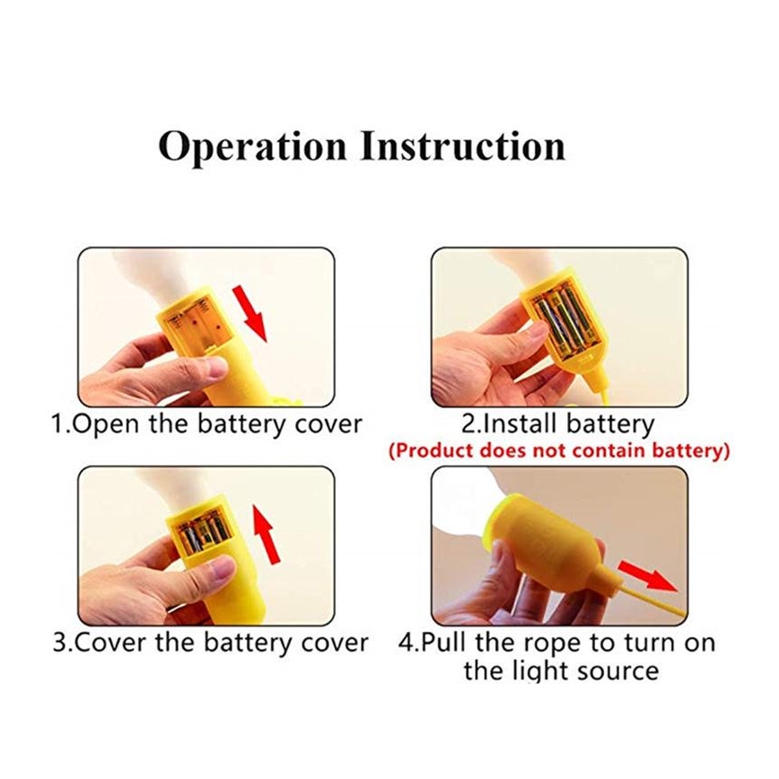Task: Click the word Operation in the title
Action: (x=252, y=147)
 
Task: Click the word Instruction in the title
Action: (x=463, y=145)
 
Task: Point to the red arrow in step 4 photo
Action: (x=647, y=576)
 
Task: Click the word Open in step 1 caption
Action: (x=105, y=425)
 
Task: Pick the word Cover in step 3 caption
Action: (x=112, y=643)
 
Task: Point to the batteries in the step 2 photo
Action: (x=568, y=324)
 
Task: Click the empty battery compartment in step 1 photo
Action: (x=197, y=323)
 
